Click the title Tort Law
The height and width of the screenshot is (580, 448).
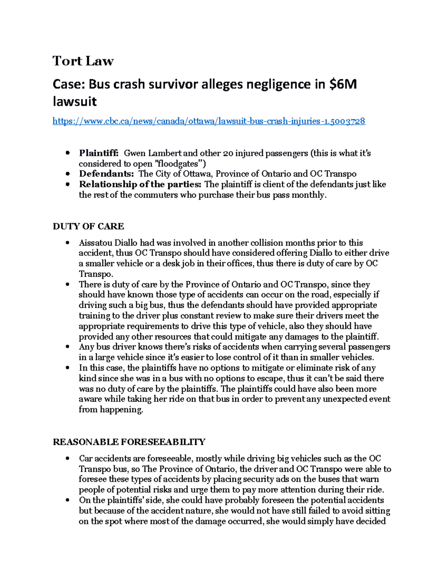coord(83,61)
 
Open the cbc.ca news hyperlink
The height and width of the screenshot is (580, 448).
coord(209,121)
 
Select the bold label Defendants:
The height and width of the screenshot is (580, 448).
coord(106,174)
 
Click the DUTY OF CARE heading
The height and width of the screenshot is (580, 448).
coord(88,226)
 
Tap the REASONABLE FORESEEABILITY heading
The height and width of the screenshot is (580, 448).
coord(129,442)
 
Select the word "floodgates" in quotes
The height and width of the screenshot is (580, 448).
coord(181,164)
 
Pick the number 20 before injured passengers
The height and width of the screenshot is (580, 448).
coord(228,153)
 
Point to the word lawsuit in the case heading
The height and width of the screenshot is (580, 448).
coord(75,102)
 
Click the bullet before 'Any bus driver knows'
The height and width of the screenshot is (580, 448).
coord(68,347)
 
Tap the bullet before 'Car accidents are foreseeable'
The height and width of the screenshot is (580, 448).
coord(68,459)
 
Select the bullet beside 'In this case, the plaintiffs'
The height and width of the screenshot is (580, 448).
coord(68,368)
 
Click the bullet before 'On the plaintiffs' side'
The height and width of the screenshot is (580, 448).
coord(68,500)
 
